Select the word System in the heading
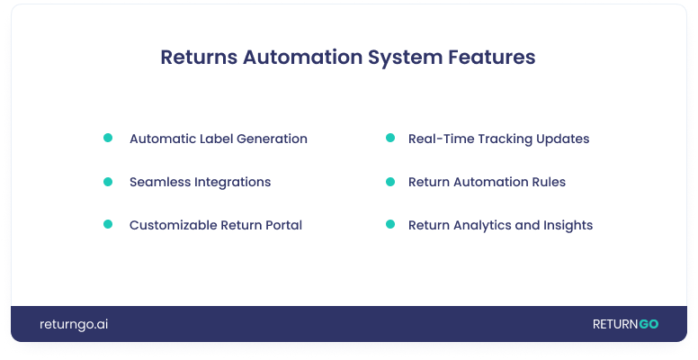pyautogui.click(x=405, y=57)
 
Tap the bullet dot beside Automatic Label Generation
pyautogui.click(x=108, y=139)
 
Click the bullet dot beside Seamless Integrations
pyautogui.click(x=108, y=182)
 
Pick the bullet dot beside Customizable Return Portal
pyautogui.click(x=108, y=225)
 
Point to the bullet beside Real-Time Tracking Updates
pyautogui.click(x=390, y=139)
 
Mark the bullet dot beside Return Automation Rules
pyautogui.click(x=390, y=182)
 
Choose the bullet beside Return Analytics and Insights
pyautogui.click(x=390, y=225)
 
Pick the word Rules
pyautogui.click(x=548, y=183)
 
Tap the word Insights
pyautogui.click(x=567, y=226)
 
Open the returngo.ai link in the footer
pyautogui.click(x=74, y=324)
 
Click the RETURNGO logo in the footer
pyautogui.click(x=625, y=324)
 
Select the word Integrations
pyautogui.click(x=233, y=183)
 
